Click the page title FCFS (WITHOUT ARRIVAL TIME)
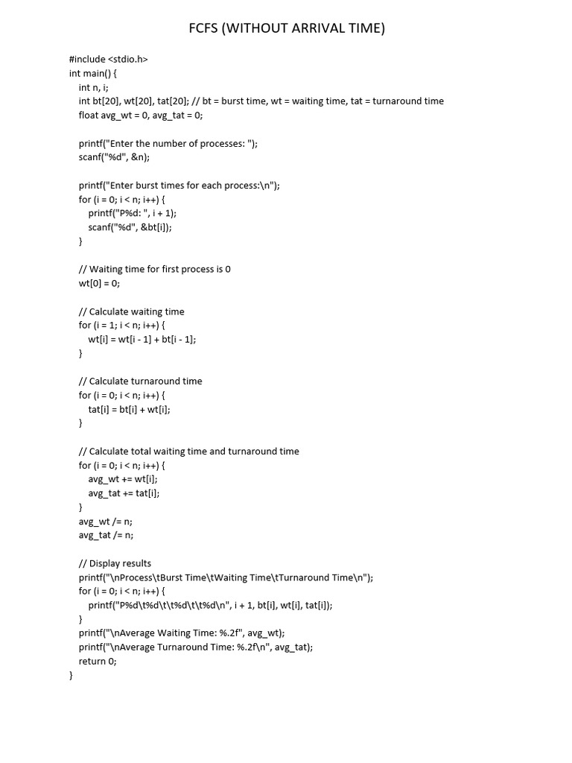click(287, 29)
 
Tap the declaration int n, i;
click(101, 87)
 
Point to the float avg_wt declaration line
click(141, 115)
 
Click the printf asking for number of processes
click(168, 143)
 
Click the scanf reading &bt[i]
click(130, 227)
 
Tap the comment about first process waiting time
click(155, 269)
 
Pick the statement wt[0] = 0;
click(99, 283)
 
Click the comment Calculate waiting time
click(132, 311)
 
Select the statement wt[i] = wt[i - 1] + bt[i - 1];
click(142, 339)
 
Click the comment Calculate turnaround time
click(141, 381)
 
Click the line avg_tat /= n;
click(107, 535)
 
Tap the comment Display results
click(115, 563)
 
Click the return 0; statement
click(98, 661)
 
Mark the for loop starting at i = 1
click(122, 325)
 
